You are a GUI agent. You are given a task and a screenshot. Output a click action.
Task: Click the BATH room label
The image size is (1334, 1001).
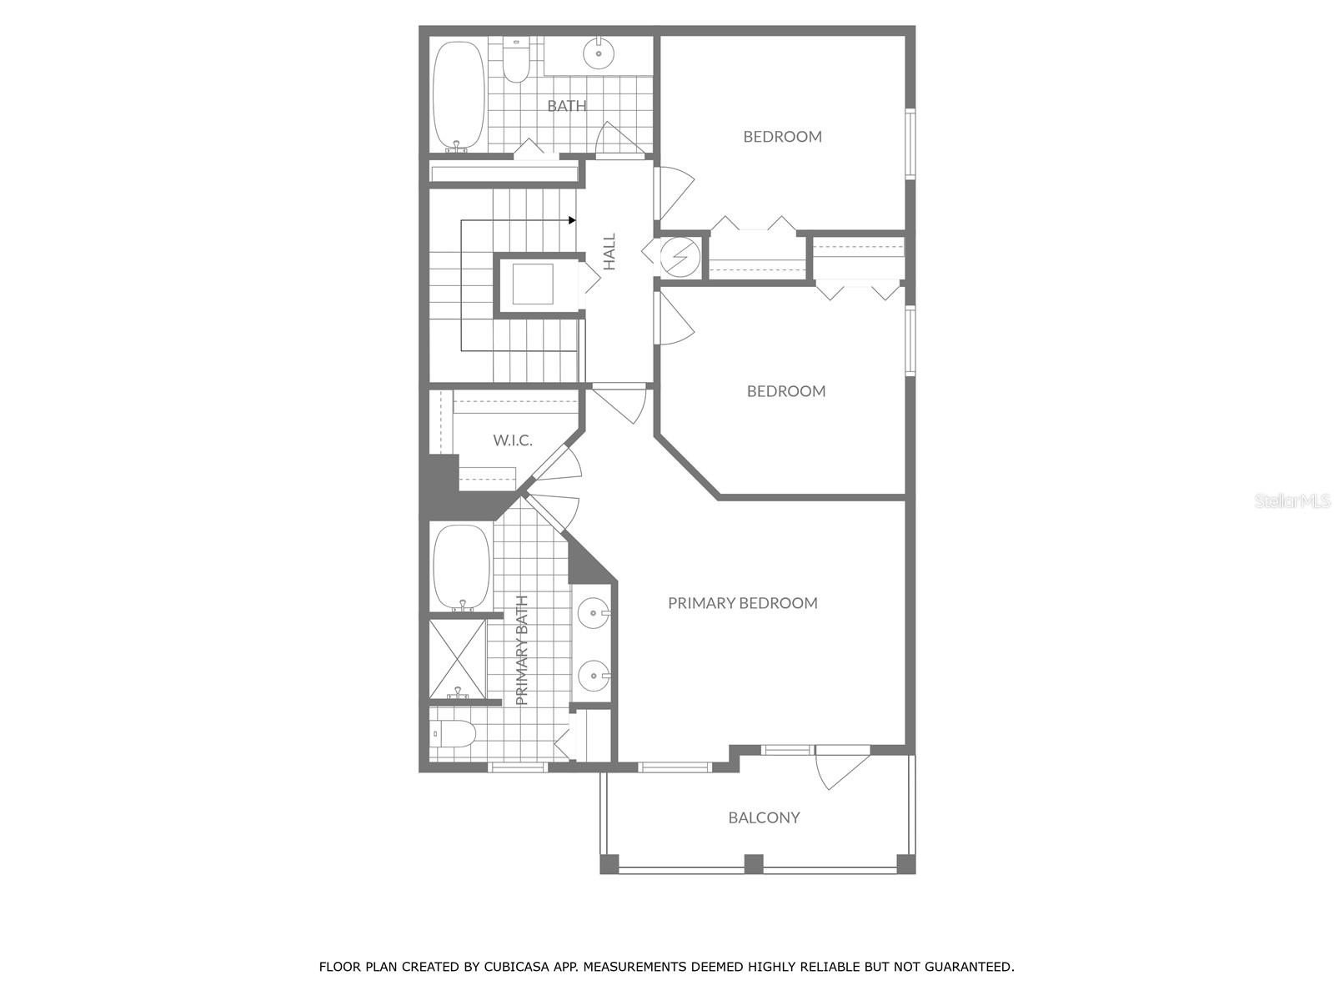567,106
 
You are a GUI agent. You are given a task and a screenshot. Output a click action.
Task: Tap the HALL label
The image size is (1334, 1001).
609,251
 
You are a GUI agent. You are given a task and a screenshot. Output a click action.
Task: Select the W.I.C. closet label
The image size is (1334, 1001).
512,440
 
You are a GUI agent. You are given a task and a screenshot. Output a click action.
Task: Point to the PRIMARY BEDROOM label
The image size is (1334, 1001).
742,603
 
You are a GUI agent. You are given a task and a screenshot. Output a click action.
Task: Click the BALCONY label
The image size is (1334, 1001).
764,817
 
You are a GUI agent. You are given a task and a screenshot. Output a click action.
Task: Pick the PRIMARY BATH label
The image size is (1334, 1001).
523,650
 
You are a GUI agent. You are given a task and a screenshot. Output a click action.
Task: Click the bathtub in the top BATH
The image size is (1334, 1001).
458,95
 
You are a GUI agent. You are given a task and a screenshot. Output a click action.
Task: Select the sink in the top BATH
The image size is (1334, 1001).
599,53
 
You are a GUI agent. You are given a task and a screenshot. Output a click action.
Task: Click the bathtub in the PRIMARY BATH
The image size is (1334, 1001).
461,567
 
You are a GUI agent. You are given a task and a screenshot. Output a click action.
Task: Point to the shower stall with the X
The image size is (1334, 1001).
457,659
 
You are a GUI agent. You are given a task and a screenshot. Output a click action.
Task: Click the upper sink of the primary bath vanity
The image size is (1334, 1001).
593,615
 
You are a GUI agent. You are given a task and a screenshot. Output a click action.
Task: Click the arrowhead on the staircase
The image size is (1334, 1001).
572,220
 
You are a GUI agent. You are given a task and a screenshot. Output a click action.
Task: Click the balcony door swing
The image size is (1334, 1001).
838,770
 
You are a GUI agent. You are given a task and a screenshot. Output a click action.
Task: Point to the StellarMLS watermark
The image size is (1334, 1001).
1291,500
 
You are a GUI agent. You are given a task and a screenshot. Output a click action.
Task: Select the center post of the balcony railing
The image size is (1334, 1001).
754,864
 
